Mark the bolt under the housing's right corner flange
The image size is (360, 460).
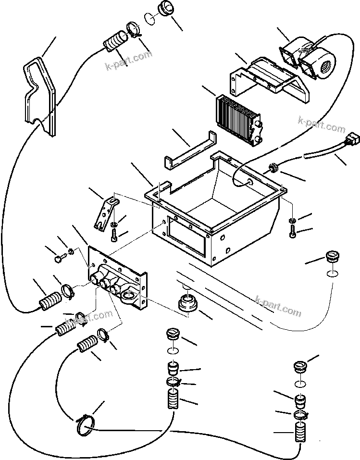[x=293, y=231]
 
